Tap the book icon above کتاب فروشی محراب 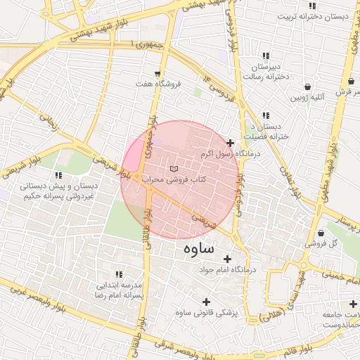(174, 169)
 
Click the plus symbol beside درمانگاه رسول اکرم (230, 143)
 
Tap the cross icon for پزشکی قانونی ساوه (206, 302)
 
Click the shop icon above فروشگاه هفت (158, 73)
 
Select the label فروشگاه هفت (159, 84)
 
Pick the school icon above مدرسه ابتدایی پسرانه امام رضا (118, 274)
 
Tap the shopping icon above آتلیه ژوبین (308, 87)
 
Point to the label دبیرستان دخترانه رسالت (264, 70)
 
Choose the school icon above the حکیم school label (59, 175)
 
